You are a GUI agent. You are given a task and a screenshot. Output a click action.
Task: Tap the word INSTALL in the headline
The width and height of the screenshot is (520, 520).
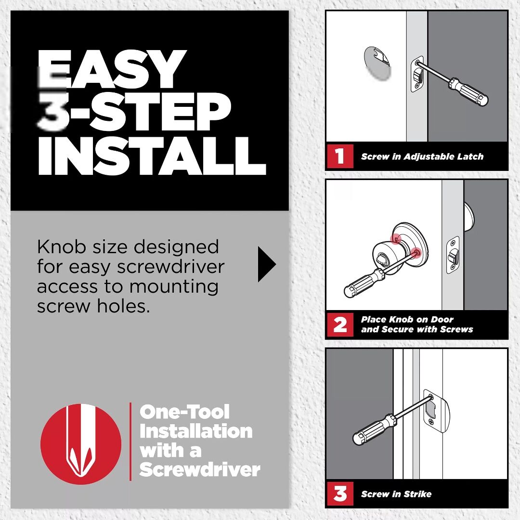pyautogui.click(x=151, y=156)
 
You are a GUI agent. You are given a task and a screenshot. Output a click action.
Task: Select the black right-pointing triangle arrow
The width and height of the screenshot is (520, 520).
pyautogui.click(x=266, y=264)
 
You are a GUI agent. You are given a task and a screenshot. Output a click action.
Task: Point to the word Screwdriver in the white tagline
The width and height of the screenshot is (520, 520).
pyautogui.click(x=199, y=469)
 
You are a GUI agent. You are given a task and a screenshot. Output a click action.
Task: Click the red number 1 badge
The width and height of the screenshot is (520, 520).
pyautogui.click(x=340, y=156)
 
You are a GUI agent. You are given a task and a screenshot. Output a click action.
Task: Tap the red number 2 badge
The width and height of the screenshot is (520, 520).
pyautogui.click(x=340, y=324)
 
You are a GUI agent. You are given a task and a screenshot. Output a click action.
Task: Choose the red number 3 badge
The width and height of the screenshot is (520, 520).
pyautogui.click(x=340, y=494)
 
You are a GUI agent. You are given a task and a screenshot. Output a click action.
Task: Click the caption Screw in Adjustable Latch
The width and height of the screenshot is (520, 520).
pyautogui.click(x=422, y=156)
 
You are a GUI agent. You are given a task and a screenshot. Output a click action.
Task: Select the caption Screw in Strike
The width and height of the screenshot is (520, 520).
pyautogui.click(x=396, y=494)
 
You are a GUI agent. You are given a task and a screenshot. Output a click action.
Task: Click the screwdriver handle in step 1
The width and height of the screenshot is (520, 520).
pyautogui.click(x=468, y=92)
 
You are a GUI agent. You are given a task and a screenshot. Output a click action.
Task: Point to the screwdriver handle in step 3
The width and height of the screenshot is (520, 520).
pyautogui.click(x=374, y=429)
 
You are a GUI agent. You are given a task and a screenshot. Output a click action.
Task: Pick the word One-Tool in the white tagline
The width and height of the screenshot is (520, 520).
pyautogui.click(x=184, y=412)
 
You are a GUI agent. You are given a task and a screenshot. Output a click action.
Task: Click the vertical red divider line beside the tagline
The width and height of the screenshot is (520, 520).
pyautogui.click(x=130, y=441)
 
